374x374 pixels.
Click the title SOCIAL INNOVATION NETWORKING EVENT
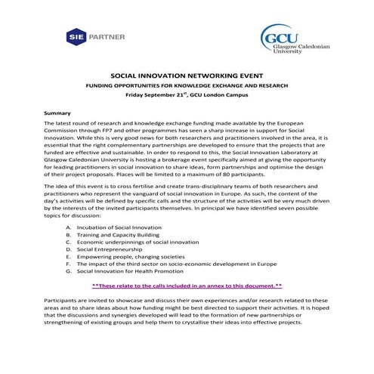[x=187, y=77]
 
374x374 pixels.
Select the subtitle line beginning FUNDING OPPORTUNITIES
[x=187, y=86]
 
